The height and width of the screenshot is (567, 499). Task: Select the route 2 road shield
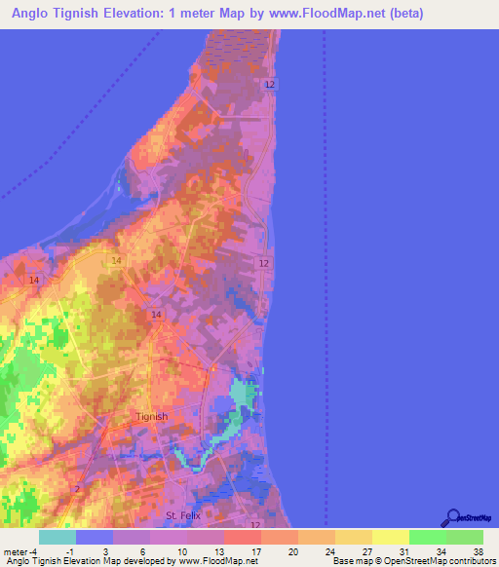[77, 488]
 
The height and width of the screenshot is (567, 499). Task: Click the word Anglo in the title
[35, 15]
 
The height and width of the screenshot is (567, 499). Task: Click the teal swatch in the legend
[58, 537]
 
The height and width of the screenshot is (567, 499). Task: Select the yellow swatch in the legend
[391, 537]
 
